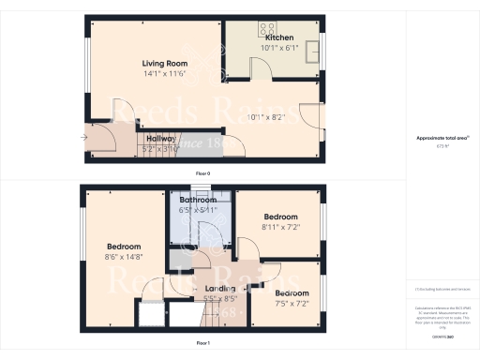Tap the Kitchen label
click(279, 38)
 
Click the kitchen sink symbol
click(310, 49)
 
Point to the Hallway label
click(161, 138)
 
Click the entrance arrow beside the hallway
click(84, 137)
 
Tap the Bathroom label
click(199, 200)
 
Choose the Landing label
click(220, 289)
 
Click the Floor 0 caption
click(202, 173)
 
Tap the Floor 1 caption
click(202, 344)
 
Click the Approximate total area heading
click(442, 139)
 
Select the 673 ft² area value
click(442, 146)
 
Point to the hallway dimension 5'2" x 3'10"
click(161, 148)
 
